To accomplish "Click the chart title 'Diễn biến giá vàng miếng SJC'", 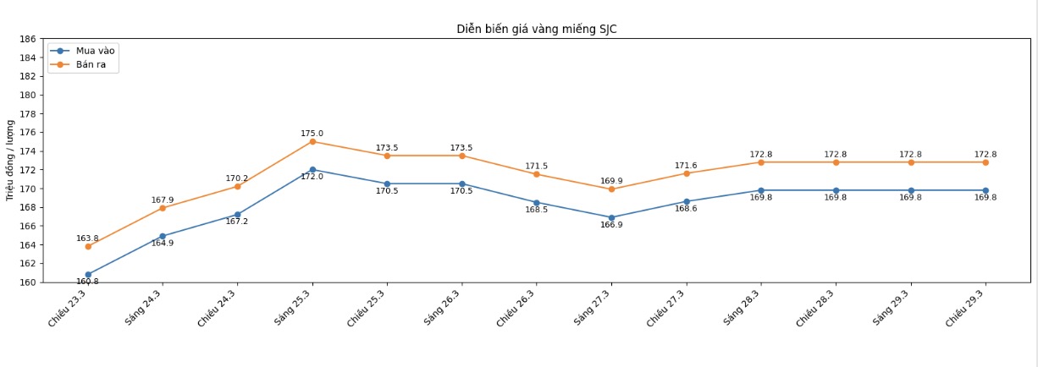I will coord(537,29).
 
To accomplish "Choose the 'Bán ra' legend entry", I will coord(91,64).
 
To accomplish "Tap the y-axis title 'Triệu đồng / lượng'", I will coord(10,160).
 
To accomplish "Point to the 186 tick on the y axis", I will coord(27,39).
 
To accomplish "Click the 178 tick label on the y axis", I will coord(27,114).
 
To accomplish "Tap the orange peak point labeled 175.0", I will coord(312,141).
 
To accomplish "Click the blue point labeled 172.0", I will coord(312,169).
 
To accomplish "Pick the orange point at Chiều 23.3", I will coord(88,246).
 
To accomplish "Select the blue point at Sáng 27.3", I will coord(611,217).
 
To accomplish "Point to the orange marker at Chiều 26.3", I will coord(536,174).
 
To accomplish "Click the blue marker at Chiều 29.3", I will coord(986,190).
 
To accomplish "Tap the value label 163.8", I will coord(87,238).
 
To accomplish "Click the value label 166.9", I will coord(611,225).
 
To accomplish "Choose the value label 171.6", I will coord(686,166).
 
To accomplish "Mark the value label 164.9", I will coord(163,244).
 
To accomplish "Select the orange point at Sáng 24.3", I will coord(163,208).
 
